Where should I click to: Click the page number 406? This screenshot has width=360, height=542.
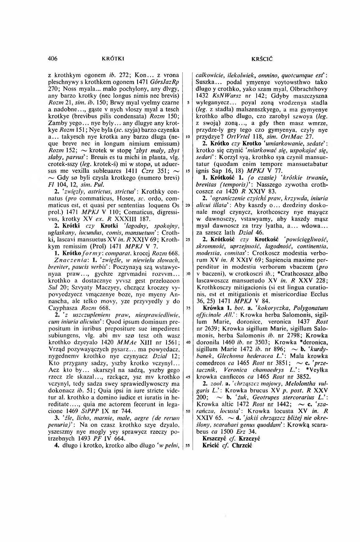[53, 58]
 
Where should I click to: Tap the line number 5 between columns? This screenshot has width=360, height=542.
[188, 102]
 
